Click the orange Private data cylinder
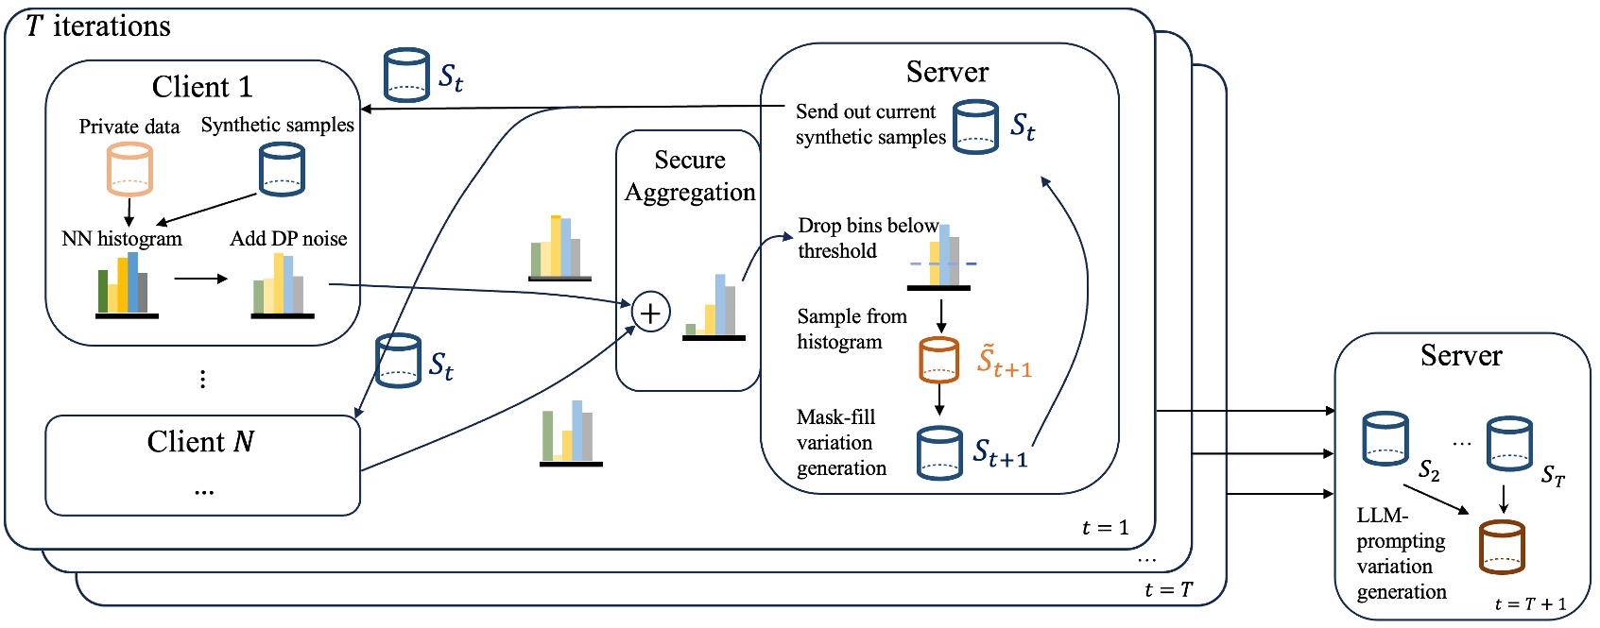[x=129, y=169]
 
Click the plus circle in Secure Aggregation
[x=650, y=312]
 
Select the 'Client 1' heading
[x=202, y=87]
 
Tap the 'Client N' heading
[x=200, y=441]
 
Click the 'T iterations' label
[x=98, y=25]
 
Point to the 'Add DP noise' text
[x=288, y=239]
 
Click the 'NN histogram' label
[x=122, y=239]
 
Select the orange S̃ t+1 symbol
[x=1004, y=362]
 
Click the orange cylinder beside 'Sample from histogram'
[x=938, y=360]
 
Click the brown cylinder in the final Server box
[x=1501, y=547]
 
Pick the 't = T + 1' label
[x=1530, y=604]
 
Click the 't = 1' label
[x=1105, y=528]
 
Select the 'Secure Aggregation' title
[x=690, y=176]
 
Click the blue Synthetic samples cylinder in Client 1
[x=282, y=169]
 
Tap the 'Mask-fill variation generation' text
[x=841, y=443]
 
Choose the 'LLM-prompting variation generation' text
[x=1402, y=554]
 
